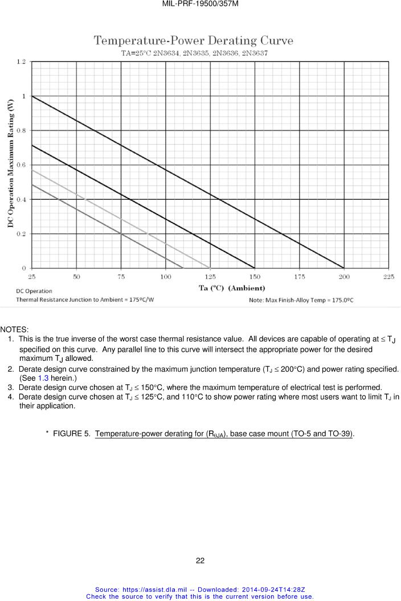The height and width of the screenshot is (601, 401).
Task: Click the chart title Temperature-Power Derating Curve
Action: pyautogui.click(x=194, y=41)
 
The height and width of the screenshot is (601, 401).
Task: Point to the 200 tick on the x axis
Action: pyautogui.click(x=344, y=277)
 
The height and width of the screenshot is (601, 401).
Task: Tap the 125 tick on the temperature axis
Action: pyautogui.click(x=210, y=277)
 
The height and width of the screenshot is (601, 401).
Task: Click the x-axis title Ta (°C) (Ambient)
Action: pyautogui.click(x=232, y=288)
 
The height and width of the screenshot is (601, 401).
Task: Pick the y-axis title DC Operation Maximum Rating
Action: pyautogui.click(x=10, y=164)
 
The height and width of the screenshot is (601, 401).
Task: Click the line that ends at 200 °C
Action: pyautogui.click(x=188, y=182)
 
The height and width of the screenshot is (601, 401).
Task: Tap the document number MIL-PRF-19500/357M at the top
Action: pyautogui.click(x=200, y=4)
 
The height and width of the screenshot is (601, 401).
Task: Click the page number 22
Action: pyautogui.click(x=200, y=561)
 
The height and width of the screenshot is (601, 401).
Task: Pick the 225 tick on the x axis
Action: pyautogui.click(x=388, y=277)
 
